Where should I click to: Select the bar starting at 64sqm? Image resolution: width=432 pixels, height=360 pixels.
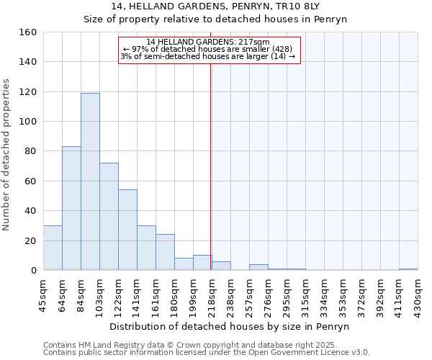pyautogui.click(x=71, y=208)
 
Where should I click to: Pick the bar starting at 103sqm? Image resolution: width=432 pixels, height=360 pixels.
pyautogui.click(x=109, y=216)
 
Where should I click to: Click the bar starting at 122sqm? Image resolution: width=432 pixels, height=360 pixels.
pyautogui.click(x=127, y=230)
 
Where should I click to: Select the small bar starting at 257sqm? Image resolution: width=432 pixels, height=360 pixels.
pyautogui.click(x=258, y=267)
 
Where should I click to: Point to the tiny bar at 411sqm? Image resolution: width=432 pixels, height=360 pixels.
pyautogui.click(x=408, y=269)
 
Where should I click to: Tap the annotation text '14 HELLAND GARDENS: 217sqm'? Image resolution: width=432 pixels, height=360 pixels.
pyautogui.click(x=208, y=42)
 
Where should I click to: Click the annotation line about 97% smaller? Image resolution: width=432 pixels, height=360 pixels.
pyautogui.click(x=208, y=49)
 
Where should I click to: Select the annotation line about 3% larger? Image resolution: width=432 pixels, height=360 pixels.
pyautogui.click(x=208, y=56)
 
